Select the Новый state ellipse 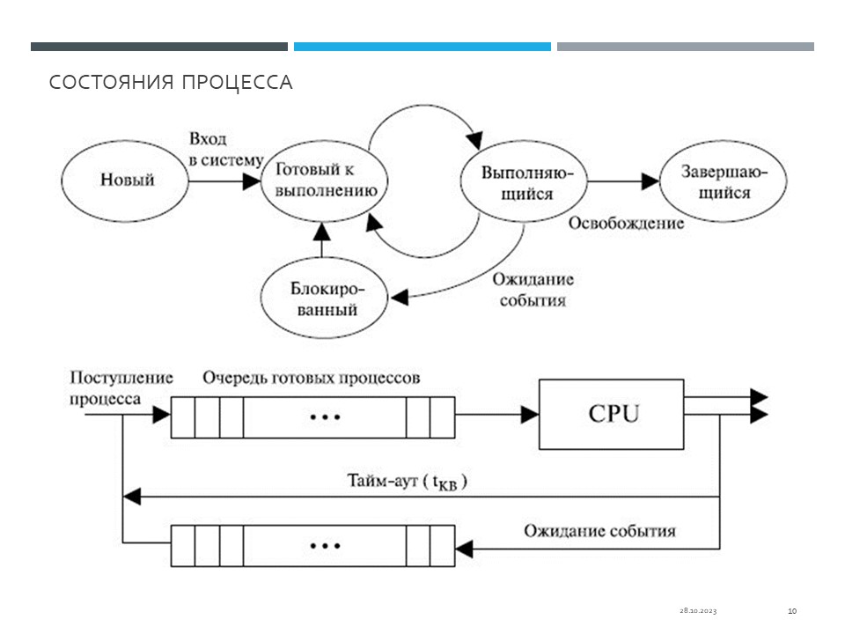click(x=127, y=180)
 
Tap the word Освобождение click(x=626, y=223)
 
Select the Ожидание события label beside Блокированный click(x=533, y=290)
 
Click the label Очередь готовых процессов click(x=311, y=378)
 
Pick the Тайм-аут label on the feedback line click(x=406, y=482)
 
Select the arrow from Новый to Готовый click(x=224, y=181)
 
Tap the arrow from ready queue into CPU click(x=497, y=414)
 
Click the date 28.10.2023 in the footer click(x=698, y=610)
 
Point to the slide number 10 click(x=791, y=610)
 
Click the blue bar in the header click(x=422, y=47)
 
